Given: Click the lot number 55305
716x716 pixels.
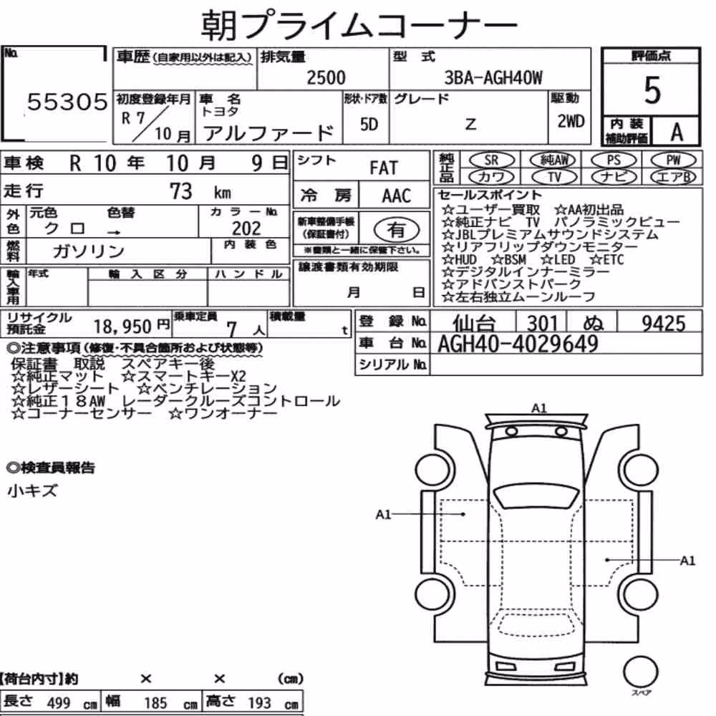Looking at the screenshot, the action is click(67, 102).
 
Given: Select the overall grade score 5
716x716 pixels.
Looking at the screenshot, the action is click(652, 90).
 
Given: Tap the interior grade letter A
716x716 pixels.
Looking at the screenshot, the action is click(677, 132).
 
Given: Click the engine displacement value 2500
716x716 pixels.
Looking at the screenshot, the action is click(326, 77).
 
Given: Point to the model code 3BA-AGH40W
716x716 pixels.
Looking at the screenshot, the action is click(493, 77).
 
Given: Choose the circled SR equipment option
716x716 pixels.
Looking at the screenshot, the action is click(491, 160).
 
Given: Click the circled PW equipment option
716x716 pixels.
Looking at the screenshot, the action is click(673, 160).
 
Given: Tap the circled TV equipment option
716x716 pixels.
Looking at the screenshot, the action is click(554, 177).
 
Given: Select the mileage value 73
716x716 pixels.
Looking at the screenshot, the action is click(181, 191).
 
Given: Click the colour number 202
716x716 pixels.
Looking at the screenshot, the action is click(246, 228).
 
